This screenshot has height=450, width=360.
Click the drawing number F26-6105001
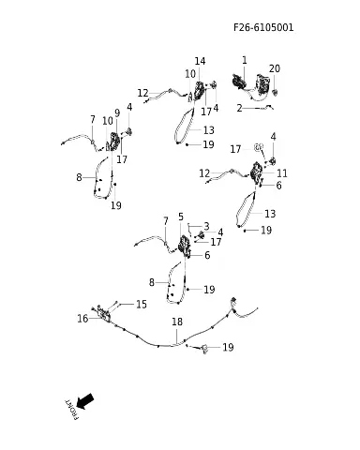263,27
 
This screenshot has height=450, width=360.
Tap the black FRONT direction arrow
84,401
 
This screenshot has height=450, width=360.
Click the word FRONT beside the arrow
71,410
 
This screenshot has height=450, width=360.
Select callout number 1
245,60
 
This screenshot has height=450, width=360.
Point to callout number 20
275,68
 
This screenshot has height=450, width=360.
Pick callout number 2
240,108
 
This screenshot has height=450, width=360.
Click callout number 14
200,61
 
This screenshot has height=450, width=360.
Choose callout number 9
117,113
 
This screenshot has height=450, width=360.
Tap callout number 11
282,173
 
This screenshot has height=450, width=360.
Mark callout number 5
181,217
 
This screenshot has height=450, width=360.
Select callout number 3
206,226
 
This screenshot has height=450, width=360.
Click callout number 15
142,304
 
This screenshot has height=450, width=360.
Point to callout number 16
82,319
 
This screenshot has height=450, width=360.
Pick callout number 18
177,322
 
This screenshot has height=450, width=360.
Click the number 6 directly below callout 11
278,186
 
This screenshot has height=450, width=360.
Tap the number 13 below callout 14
209,130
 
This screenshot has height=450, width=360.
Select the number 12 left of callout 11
204,173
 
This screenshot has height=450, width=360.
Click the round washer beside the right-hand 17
259,146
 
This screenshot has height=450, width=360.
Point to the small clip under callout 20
276,92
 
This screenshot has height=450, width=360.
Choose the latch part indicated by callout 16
104,314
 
